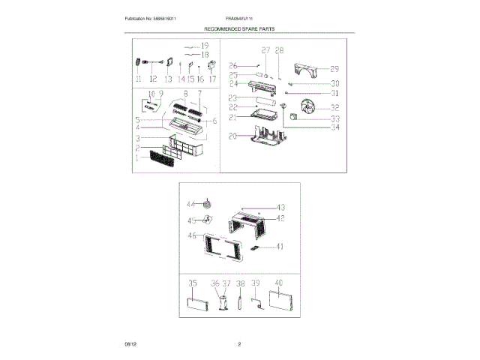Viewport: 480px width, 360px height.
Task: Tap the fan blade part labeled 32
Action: coord(308,108)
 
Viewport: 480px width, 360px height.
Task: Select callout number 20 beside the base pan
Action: coord(232,136)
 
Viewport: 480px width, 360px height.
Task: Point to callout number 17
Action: coord(212,78)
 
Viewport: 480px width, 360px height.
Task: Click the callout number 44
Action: coord(191,204)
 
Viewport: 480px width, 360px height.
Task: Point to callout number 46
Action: coord(192,235)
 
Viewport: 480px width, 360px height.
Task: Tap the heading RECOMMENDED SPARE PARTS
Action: coord(240,27)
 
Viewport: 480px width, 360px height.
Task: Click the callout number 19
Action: coord(204,47)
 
